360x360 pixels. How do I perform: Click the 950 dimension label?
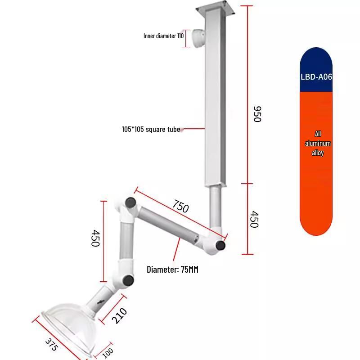tap(257, 114)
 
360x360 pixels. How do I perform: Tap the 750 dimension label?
tap(181, 206)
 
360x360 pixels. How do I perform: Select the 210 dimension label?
tap(119, 316)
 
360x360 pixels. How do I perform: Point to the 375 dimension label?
tap(51, 344)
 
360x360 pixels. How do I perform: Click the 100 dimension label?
tap(108, 353)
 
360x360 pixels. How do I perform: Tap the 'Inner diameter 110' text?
tap(163, 36)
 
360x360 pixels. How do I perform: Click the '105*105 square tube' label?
tap(151, 129)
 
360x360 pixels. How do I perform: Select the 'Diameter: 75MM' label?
tap(172, 269)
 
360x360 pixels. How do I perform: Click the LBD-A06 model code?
tap(316, 76)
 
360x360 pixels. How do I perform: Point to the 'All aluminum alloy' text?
tap(318, 143)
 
